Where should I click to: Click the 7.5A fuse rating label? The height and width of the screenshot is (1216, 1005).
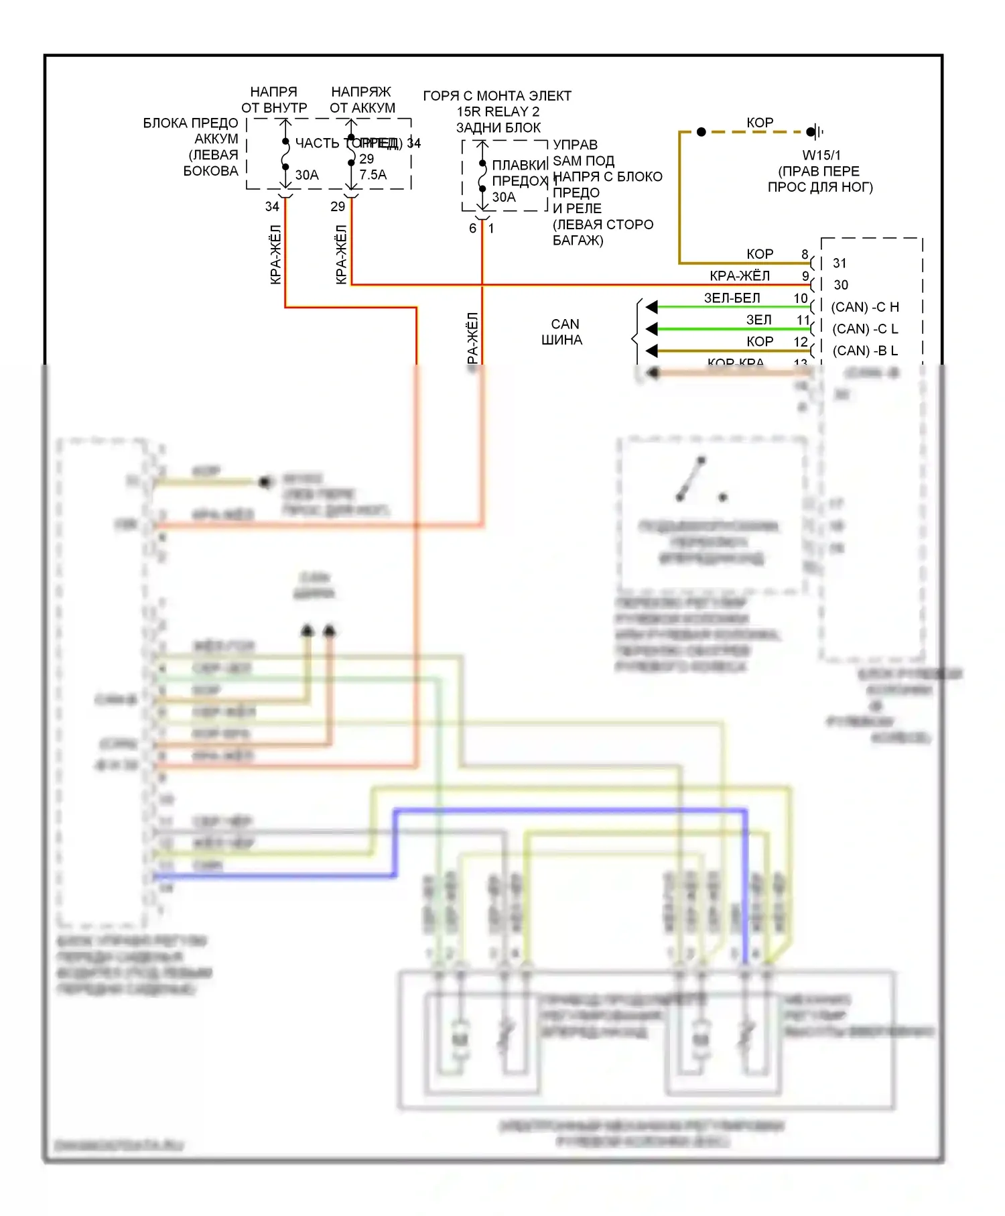pos(373,175)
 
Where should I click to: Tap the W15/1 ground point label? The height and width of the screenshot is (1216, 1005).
pos(821,156)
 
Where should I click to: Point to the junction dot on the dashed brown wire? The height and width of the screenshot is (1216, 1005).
pos(701,132)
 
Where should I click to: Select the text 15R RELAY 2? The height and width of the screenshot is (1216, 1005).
pos(498,112)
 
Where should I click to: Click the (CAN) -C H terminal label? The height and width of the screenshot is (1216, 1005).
pos(864,307)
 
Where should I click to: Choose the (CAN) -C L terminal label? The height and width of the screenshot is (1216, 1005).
pos(864,329)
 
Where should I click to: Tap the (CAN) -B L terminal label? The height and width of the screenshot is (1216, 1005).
pos(864,351)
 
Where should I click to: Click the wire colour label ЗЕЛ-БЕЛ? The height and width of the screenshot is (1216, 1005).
pos(732,298)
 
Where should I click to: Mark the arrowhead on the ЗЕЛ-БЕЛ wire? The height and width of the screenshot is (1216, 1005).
pos(651,307)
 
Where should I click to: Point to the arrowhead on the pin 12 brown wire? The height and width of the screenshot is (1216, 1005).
pos(651,351)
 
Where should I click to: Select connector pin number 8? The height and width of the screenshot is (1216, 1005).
pos(805,254)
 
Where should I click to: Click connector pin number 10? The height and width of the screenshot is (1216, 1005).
pos(801,298)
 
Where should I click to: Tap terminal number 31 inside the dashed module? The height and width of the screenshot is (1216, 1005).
pos(840,263)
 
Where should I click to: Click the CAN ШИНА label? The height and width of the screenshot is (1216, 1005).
pos(562,332)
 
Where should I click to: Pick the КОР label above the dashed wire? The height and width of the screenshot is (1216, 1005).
pos(760,123)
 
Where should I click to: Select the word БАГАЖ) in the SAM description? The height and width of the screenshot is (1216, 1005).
pos(578,241)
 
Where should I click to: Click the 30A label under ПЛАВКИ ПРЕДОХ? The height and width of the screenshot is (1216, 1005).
pos(504,197)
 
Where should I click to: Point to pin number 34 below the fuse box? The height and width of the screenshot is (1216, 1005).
pos(272,206)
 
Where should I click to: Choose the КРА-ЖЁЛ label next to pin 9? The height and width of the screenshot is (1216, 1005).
pos(740,276)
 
